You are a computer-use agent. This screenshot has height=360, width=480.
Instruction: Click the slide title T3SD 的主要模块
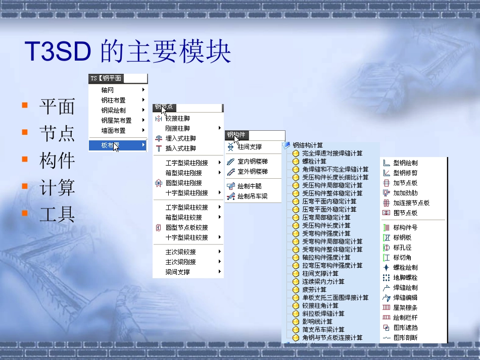pyautogui.click(x=128, y=52)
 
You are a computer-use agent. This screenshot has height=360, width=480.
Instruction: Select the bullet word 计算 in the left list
pyautogui.click(x=57, y=188)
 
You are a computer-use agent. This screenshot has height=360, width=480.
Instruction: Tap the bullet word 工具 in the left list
pyautogui.click(x=57, y=215)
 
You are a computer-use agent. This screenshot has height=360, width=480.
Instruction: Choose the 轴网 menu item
pyautogui.click(x=107, y=90)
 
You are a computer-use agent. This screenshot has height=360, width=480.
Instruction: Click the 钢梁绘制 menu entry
pyautogui.click(x=113, y=110)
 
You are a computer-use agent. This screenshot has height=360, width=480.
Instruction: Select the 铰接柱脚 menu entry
pyautogui.click(x=178, y=118)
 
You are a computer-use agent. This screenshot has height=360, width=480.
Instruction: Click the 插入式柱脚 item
pyautogui.click(x=180, y=148)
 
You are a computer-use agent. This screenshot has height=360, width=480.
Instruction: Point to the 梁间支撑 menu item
pyautogui.click(x=177, y=272)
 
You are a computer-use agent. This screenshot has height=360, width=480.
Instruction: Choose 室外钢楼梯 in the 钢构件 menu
pyautogui.click(x=253, y=172)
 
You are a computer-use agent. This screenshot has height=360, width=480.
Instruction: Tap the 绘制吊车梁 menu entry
pyautogui.click(x=252, y=196)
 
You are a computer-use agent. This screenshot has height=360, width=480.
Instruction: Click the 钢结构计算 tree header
pyautogui.click(x=308, y=145)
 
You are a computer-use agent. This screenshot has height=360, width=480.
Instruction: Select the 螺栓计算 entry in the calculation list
pyautogui.click(x=314, y=161)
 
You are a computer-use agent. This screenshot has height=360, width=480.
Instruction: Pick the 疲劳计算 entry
pyautogui.click(x=314, y=289)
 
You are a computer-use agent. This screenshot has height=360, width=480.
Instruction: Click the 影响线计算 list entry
pyautogui.click(x=317, y=322)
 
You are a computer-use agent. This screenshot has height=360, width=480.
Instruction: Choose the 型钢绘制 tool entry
pyautogui.click(x=405, y=163)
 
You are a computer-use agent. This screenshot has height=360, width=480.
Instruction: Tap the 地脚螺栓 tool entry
pyautogui.click(x=405, y=277)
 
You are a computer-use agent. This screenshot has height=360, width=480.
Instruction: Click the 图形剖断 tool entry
pyautogui.click(x=405, y=337)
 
